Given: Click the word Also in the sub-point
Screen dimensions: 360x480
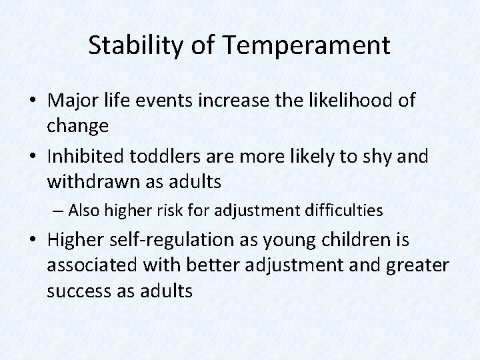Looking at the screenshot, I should pos(83,211).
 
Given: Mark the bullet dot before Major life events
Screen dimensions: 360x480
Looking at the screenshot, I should pos(33,101).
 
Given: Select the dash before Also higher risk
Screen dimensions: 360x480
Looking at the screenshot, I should pos(59,211).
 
